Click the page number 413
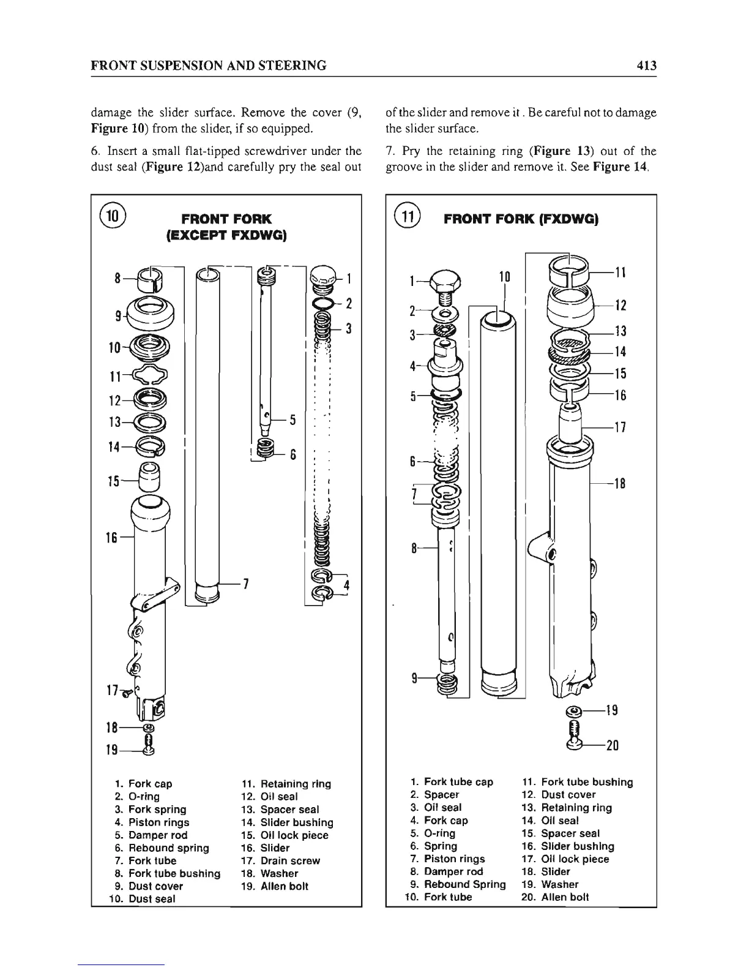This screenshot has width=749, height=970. tap(645, 65)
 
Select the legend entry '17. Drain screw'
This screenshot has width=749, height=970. tap(281, 860)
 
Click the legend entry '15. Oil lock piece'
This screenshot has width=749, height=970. tap(285, 835)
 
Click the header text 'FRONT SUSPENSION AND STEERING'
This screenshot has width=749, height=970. tap(207, 65)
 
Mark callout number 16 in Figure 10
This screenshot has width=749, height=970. tap(111, 537)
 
